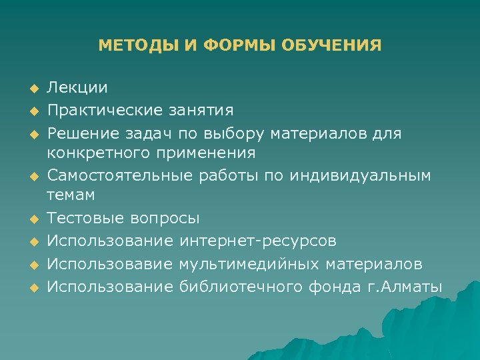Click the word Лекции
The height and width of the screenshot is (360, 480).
coord(77,88)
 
